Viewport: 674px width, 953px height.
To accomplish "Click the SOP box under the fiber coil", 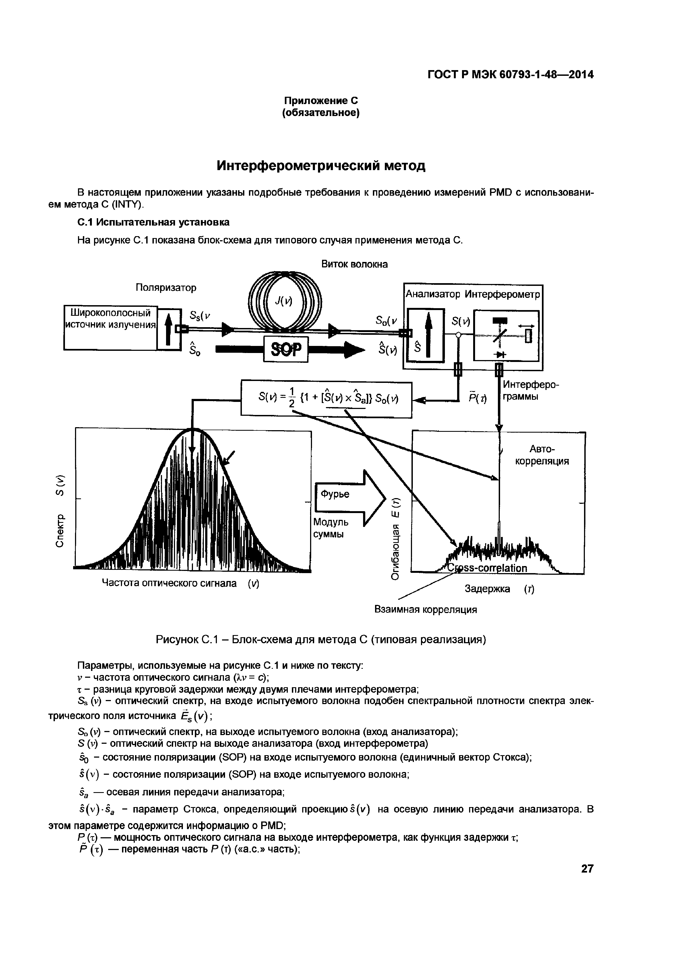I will tap(286, 349).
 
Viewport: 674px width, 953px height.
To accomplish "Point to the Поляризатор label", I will tap(166, 288).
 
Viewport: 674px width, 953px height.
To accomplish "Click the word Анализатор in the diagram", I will tap(433, 294).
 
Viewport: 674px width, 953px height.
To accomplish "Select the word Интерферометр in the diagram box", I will tap(502, 294).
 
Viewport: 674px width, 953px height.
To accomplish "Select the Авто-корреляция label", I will tap(542, 455).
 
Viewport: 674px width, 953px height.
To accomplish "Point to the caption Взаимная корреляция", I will tap(426, 610).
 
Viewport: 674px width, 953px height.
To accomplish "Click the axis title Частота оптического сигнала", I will tap(180, 584).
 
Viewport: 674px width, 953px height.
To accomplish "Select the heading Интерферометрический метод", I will tap(321, 165).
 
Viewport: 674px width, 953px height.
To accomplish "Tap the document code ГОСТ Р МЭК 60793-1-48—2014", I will tap(510, 75).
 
